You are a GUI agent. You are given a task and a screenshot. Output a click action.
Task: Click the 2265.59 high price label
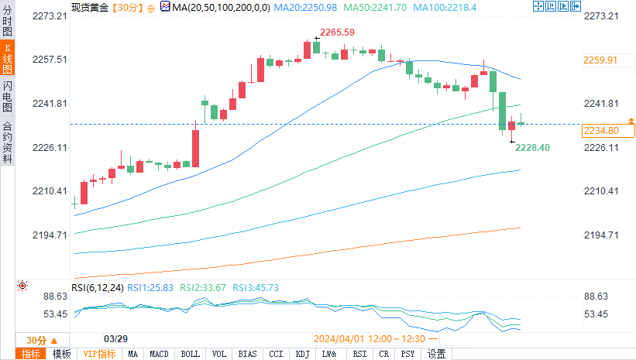coord(337,32)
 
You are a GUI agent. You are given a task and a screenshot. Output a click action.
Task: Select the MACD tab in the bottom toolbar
coord(159,354)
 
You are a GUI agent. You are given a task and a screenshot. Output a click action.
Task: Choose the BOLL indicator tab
coord(189,354)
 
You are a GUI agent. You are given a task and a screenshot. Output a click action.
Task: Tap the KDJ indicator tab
coord(301,354)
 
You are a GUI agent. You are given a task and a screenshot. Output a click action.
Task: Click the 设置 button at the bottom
coord(437,354)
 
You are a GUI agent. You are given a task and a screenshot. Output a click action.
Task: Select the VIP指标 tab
coord(99,354)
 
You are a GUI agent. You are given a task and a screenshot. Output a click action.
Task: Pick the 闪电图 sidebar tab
coord(7,94)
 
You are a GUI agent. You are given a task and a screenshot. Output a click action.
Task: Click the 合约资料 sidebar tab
coord(7,142)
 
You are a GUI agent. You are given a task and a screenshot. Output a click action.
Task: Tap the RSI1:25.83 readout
coord(150,287)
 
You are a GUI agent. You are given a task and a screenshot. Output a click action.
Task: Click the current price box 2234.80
coord(600,131)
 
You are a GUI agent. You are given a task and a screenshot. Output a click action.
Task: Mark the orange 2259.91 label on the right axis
coord(600,60)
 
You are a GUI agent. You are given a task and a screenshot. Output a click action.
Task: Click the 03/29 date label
coord(115,339)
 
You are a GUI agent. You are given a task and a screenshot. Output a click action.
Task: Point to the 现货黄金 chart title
coord(89,7)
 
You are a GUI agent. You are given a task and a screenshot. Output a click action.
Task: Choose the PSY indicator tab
coord(408,354)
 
